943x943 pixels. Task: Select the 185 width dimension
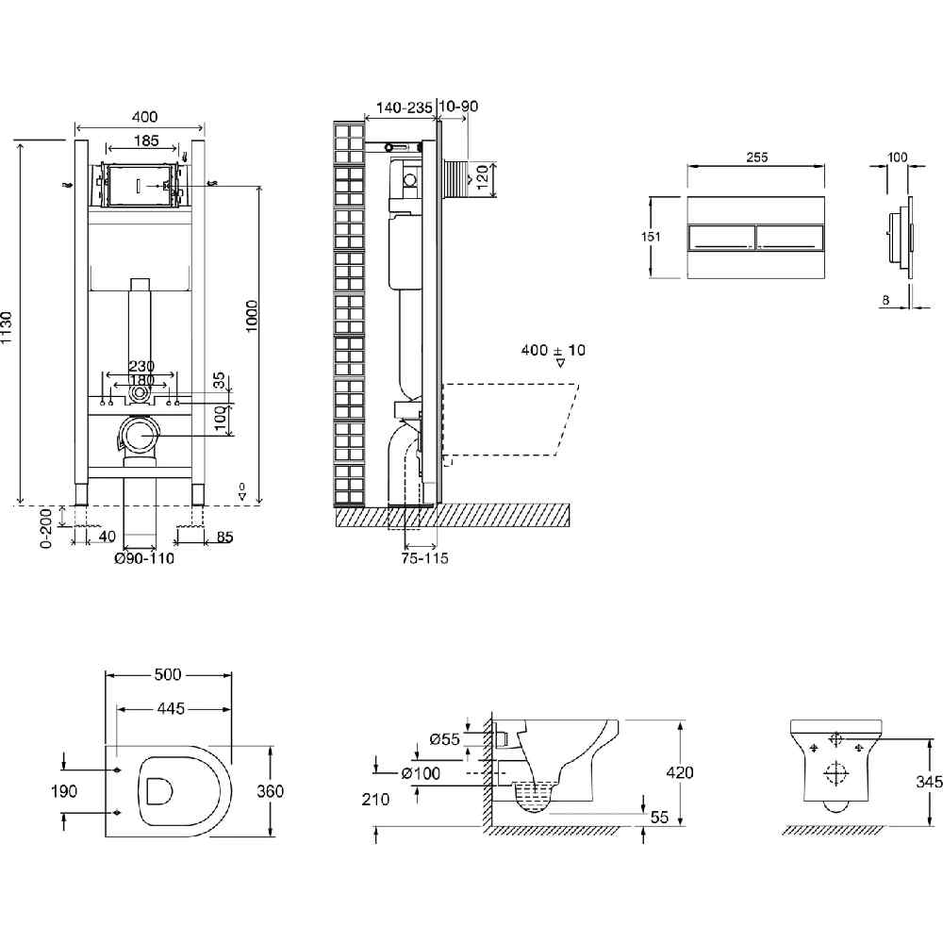tap(144, 141)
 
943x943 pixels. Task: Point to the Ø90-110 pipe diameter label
tap(144, 558)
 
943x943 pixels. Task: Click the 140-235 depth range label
tap(404, 108)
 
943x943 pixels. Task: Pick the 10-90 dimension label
tap(458, 107)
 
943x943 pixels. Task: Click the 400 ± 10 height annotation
tap(553, 350)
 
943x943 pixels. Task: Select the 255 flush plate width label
tap(756, 157)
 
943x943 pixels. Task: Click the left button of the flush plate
tap(721, 238)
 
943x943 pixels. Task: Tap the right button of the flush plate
tap(792, 238)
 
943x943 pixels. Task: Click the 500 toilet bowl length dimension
tap(169, 674)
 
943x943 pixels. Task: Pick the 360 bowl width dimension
tap(270, 791)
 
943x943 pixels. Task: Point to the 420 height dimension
tap(679, 773)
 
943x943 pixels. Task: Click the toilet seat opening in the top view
tap(158, 790)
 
